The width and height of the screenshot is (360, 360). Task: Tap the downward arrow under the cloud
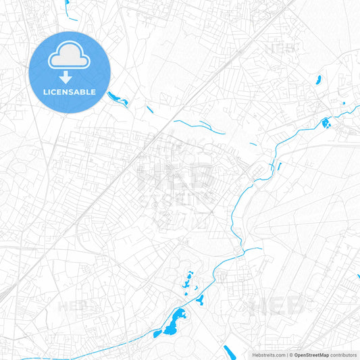tap(70, 78)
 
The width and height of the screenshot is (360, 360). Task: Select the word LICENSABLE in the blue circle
tap(70, 91)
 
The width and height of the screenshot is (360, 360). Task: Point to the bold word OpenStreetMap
tap(311, 355)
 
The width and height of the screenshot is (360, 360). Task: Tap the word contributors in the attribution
tap(344, 355)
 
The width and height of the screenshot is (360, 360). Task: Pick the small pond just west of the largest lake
tap(158, 333)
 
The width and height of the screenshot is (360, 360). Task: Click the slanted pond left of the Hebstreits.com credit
tap(230, 352)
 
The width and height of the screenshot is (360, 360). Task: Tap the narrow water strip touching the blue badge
tap(118, 99)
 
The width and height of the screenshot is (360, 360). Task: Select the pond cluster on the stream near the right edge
tap(326, 123)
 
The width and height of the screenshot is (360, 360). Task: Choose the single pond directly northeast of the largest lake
tap(201, 299)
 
